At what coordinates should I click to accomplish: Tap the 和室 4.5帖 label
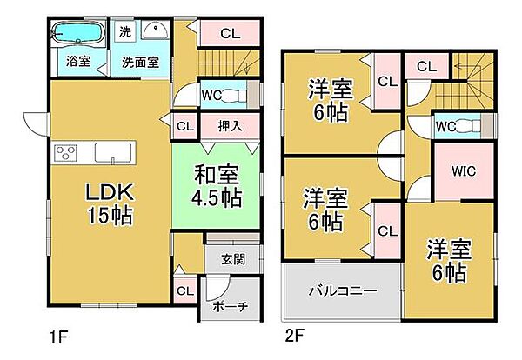coord(218,185)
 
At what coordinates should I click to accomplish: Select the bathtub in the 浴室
coord(77,35)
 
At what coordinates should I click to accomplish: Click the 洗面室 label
coord(140,63)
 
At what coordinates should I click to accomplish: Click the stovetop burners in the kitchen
coord(66,154)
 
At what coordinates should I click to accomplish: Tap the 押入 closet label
coord(230,125)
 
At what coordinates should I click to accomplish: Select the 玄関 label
coord(232,258)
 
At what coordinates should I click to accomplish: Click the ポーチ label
coord(231,305)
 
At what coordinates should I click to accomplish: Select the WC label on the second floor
coord(446,127)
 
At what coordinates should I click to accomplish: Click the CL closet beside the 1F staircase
coord(230,34)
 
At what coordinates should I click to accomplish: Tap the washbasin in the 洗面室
coord(156,32)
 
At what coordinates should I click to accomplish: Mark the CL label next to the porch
coord(185,290)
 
